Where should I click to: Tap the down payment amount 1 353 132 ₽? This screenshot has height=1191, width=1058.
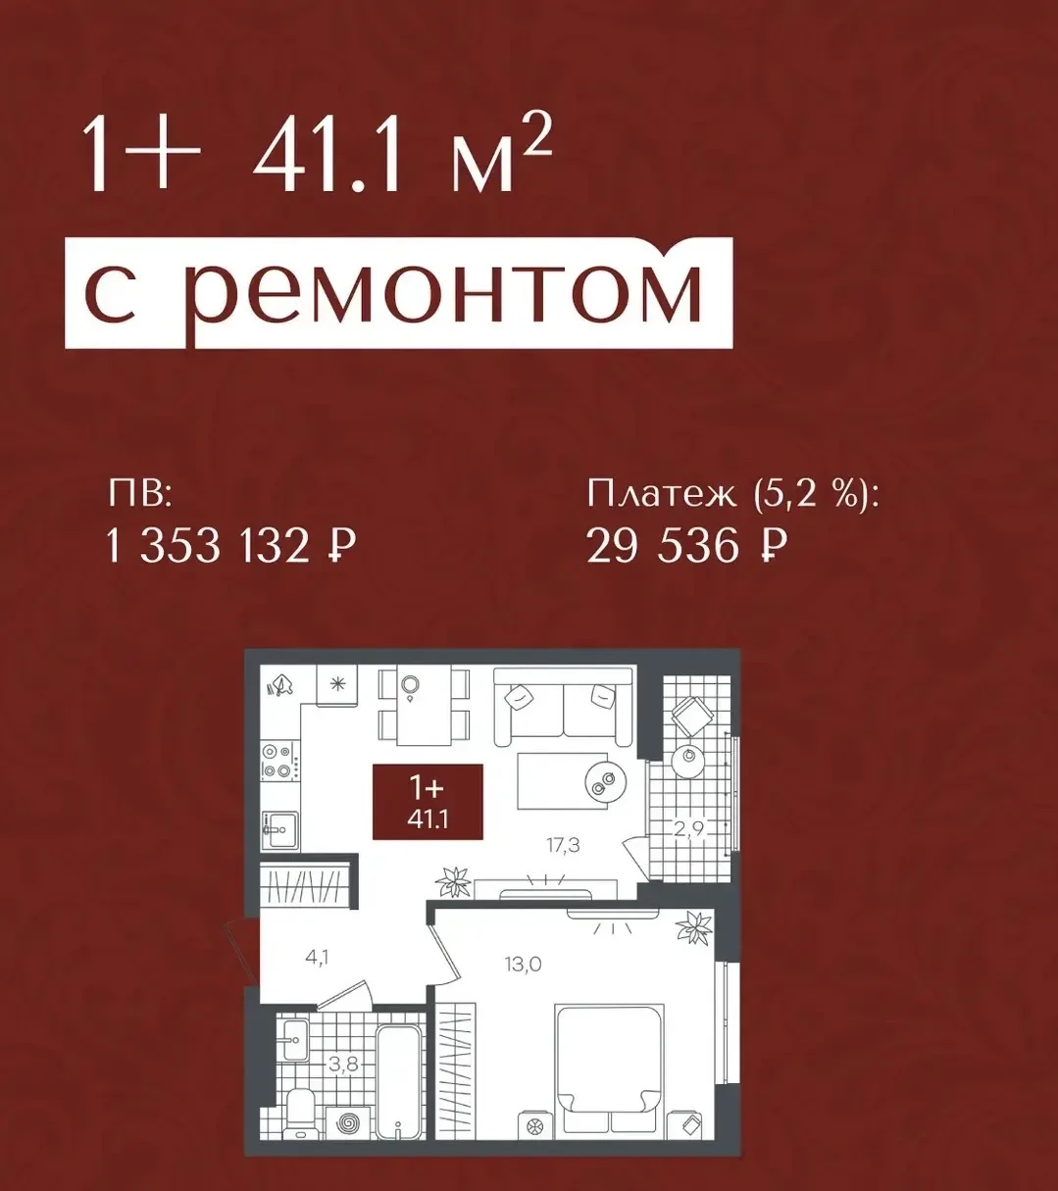pos(230,547)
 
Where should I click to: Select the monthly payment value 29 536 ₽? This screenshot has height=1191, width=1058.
pos(686,546)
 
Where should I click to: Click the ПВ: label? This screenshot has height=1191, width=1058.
pos(138,496)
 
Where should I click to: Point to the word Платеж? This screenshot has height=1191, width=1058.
pos(661,496)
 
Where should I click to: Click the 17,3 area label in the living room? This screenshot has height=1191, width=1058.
pos(562,846)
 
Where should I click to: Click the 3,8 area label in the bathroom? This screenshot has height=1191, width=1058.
pos(343,1065)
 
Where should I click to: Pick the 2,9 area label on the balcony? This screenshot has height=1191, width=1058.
pos(689,829)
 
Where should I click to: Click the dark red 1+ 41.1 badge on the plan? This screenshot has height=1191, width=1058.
pos(428,801)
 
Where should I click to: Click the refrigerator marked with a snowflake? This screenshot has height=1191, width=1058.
pos(338,685)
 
